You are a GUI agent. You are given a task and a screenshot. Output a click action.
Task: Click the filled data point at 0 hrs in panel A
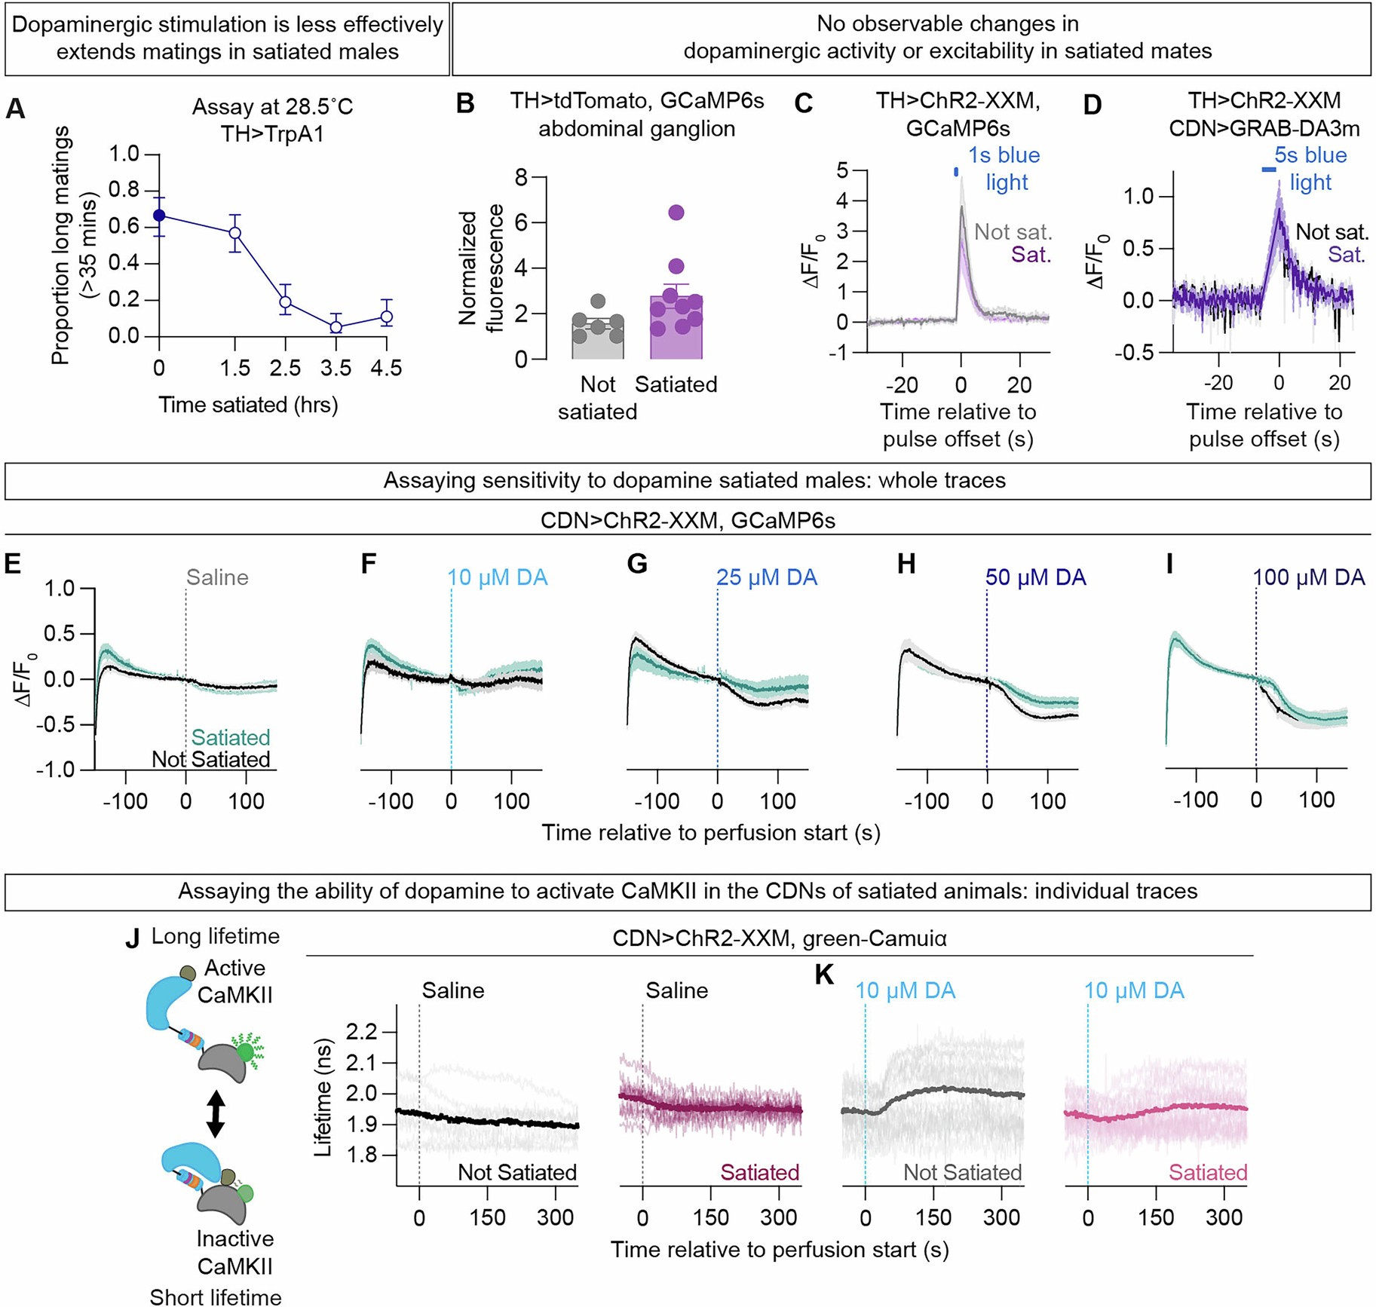pyautogui.click(x=159, y=216)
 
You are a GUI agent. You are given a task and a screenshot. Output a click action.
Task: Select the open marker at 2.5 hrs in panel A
pyautogui.click(x=285, y=302)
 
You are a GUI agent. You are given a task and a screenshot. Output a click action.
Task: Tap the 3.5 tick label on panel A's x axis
pyautogui.click(x=336, y=369)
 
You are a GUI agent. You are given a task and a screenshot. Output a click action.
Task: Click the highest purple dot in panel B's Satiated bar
pyautogui.click(x=676, y=213)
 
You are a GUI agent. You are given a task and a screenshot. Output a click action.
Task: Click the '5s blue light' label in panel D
pyautogui.click(x=1310, y=169)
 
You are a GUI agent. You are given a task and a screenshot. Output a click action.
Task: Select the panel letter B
pyautogui.click(x=465, y=104)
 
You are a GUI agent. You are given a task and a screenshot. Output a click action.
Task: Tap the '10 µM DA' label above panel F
pyautogui.click(x=498, y=578)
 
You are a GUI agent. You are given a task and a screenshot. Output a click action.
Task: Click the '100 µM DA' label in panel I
pyautogui.click(x=1309, y=578)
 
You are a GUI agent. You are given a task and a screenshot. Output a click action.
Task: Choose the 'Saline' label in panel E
pyautogui.click(x=217, y=578)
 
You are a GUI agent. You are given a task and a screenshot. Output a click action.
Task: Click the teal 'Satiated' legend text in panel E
pyautogui.click(x=231, y=737)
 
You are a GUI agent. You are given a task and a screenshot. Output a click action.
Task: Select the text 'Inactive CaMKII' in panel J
pyautogui.click(x=234, y=1252)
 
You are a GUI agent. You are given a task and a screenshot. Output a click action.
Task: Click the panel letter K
pyautogui.click(x=824, y=975)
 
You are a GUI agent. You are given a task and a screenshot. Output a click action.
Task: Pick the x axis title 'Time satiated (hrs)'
pyautogui.click(x=248, y=405)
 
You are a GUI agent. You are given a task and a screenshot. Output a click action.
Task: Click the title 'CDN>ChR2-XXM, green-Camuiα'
pyautogui.click(x=780, y=938)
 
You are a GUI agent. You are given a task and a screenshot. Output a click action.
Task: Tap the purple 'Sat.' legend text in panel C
pyautogui.click(x=1031, y=255)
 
